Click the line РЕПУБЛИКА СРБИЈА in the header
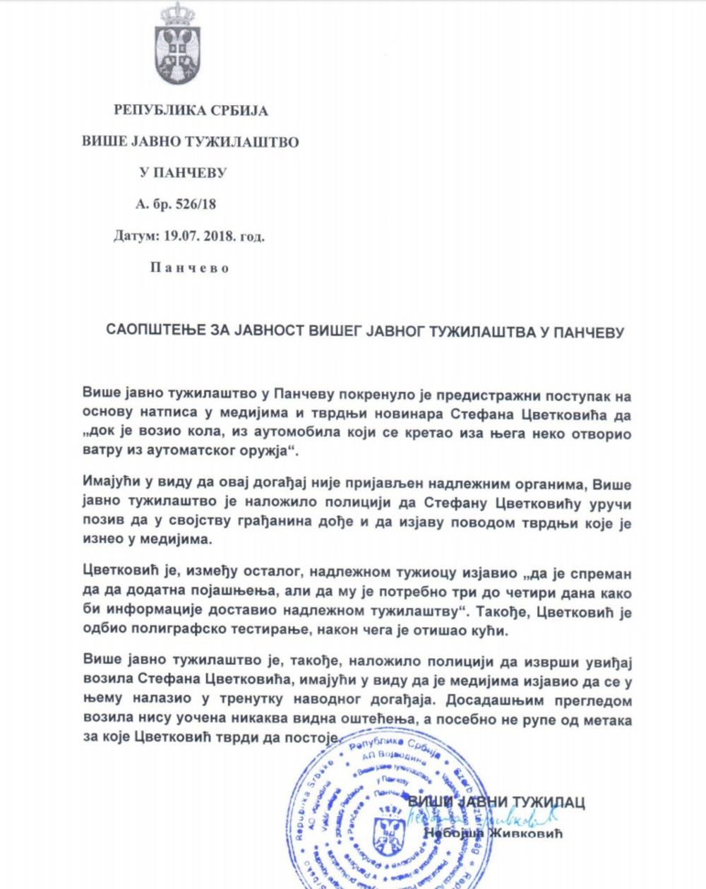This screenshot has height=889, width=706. (191, 111)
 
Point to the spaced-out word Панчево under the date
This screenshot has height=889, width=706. (190, 268)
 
